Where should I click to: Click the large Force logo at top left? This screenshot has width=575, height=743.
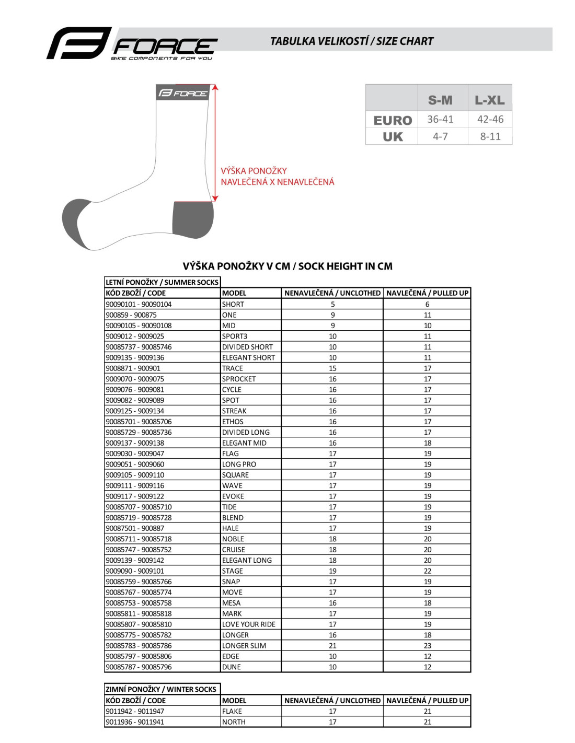click(x=132, y=44)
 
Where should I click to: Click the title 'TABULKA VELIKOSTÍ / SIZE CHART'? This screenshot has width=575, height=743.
click(x=351, y=41)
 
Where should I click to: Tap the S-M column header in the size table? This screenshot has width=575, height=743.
click(x=440, y=100)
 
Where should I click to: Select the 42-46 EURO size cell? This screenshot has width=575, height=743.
click(x=490, y=119)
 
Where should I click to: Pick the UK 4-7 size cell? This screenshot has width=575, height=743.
click(x=440, y=136)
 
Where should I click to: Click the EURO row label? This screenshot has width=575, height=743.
click(x=393, y=120)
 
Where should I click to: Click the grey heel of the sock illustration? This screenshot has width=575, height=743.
click(x=193, y=218)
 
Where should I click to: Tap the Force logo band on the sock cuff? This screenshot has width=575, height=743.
click(x=183, y=93)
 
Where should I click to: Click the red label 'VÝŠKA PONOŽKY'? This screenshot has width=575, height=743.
click(x=254, y=171)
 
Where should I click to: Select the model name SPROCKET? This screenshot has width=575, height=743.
click(x=239, y=379)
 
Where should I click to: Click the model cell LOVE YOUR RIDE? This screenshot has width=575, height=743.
click(x=248, y=624)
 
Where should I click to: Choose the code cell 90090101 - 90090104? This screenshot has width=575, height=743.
click(x=139, y=304)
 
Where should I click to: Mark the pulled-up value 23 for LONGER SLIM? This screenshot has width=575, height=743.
click(x=428, y=646)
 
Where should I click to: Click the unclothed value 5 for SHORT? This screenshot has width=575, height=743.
click(x=332, y=304)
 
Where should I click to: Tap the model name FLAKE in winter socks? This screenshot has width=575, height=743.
click(x=232, y=711)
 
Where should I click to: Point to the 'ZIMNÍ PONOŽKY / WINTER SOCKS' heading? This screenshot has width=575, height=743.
click(x=161, y=689)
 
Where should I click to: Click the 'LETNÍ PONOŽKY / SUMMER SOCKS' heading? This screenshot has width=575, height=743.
click(x=162, y=282)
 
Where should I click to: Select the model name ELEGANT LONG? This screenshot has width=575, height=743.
click(x=247, y=560)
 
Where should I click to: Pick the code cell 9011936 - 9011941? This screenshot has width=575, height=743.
click(x=135, y=722)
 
